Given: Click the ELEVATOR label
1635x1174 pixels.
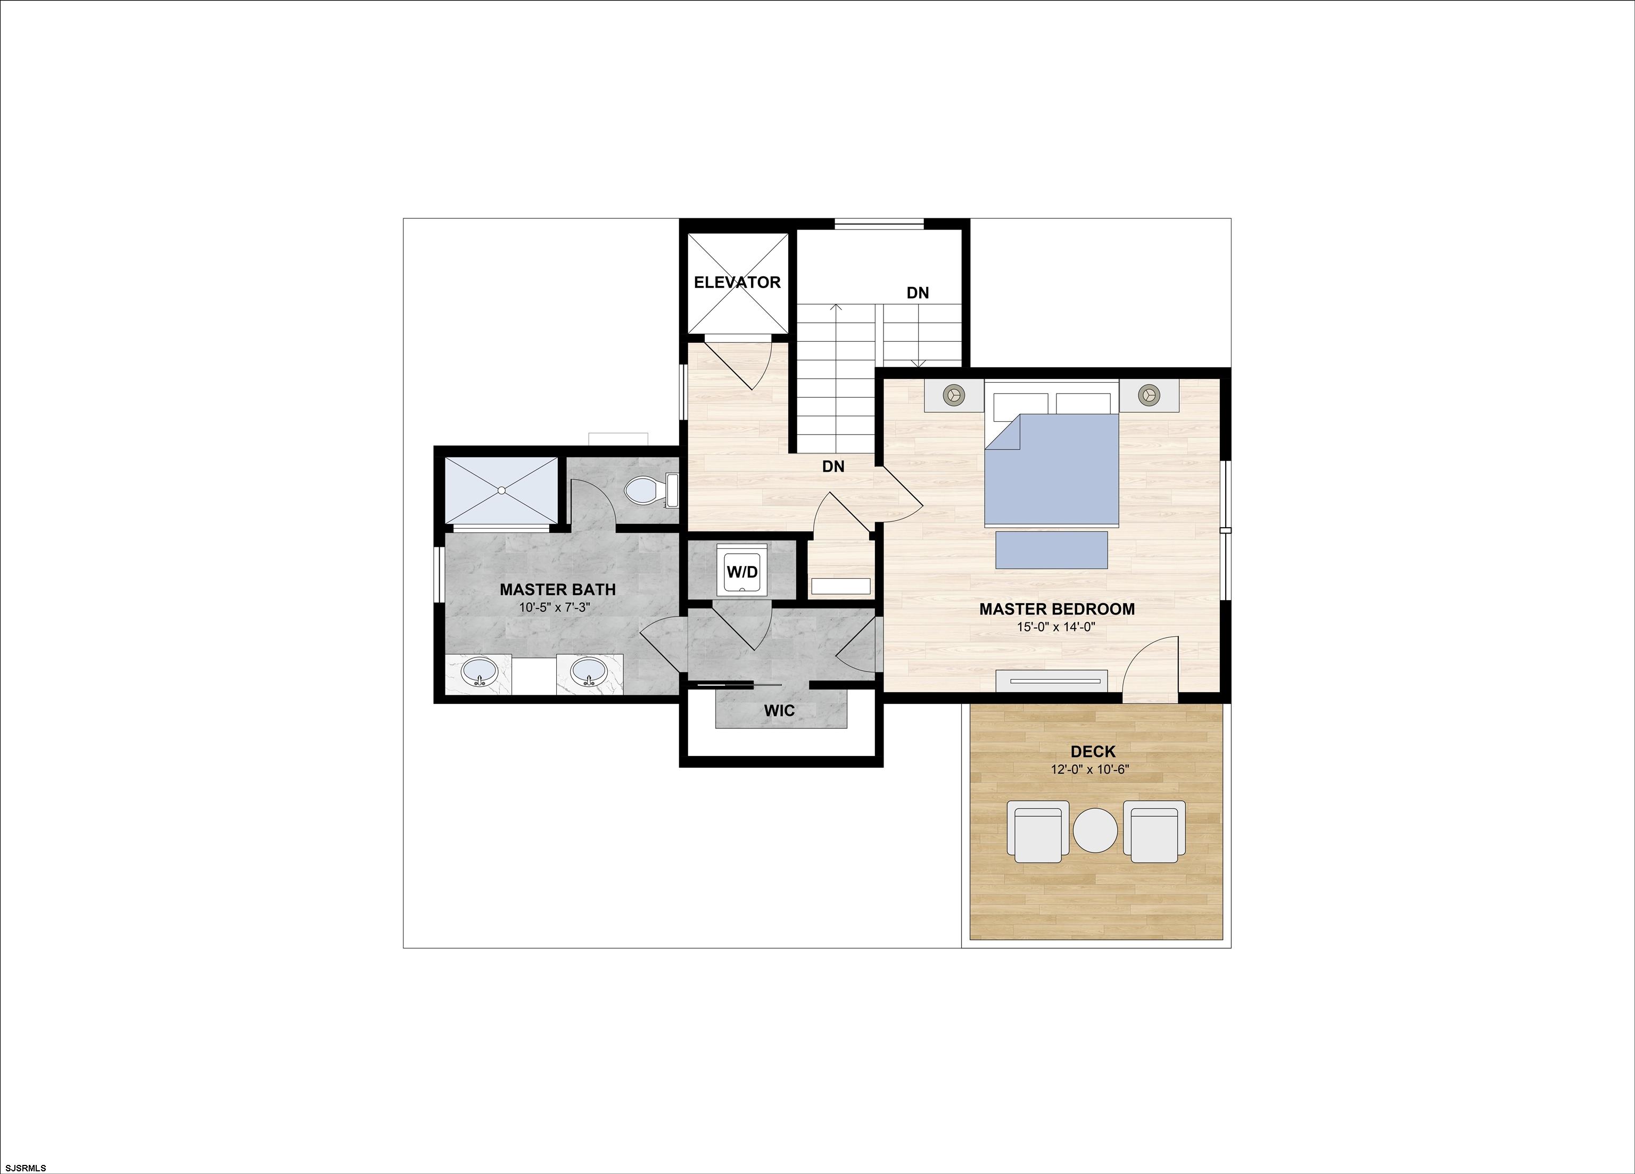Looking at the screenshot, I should tap(737, 283).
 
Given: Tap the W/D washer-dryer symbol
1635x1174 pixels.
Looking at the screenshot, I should tap(742, 571).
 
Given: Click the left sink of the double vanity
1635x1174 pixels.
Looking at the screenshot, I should tap(478, 672).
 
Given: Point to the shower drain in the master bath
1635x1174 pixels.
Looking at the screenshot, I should tap(501, 490).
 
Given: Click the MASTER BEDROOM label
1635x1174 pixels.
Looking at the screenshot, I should tap(1056, 609).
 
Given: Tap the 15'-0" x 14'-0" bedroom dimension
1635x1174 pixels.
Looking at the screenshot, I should tap(1056, 627).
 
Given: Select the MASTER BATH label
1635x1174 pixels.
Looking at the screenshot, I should tap(557, 590).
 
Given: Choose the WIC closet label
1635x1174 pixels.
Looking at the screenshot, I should tap(779, 711).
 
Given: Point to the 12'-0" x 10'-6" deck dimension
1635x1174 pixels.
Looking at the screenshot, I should tap(1089, 769).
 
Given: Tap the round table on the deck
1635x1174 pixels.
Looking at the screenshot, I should tap(1094, 831).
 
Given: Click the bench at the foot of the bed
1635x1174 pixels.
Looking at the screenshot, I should tap(1051, 549).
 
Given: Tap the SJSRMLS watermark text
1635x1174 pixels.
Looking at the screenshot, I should tap(26, 1167).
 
